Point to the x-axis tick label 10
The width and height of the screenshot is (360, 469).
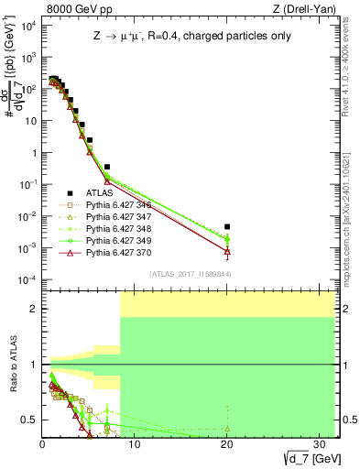click(x=135, y=442)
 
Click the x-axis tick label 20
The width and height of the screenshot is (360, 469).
click(x=226, y=442)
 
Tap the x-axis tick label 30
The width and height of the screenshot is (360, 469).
click(x=318, y=442)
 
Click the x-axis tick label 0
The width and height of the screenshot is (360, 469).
click(x=43, y=442)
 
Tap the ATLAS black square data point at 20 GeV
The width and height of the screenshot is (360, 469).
click(x=227, y=226)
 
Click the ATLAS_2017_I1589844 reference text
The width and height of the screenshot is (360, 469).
click(x=190, y=273)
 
